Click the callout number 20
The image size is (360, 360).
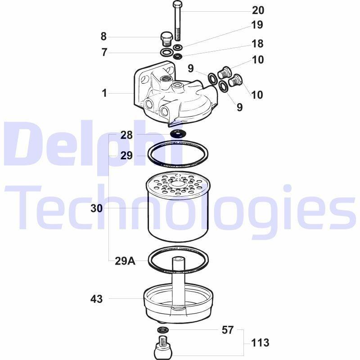coord(258,10)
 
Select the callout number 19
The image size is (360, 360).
coord(257,25)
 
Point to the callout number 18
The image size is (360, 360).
coord(257,44)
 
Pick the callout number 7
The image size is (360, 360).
coord(104,52)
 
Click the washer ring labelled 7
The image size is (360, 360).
coord(166,52)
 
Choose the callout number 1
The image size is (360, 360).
coord(104,93)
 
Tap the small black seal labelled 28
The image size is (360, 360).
coord(178,133)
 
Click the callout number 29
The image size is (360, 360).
coord(126,155)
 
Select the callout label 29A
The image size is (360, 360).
coord(125,261)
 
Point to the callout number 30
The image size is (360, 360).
coord(96,208)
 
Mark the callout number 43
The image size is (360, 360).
coord(96,299)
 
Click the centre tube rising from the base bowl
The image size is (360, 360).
coord(178,282)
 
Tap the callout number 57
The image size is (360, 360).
coord(228,330)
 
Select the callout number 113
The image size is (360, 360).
coord(260,343)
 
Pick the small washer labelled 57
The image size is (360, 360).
coord(163,330)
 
